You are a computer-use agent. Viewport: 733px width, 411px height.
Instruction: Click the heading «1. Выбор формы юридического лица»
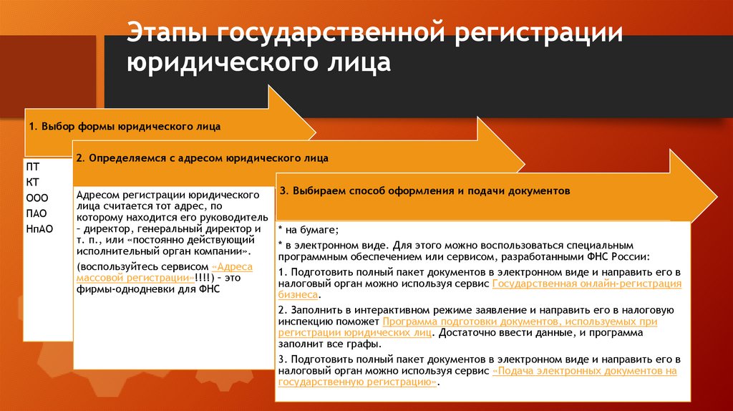pyautogui.click(x=125, y=126)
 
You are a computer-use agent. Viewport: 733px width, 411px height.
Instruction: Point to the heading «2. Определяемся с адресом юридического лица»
pyautogui.click(x=203, y=158)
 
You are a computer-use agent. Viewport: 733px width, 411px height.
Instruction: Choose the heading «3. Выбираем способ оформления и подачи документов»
pyautogui.click(x=424, y=191)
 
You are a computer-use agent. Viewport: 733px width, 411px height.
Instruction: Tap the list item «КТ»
pyautogui.click(x=33, y=182)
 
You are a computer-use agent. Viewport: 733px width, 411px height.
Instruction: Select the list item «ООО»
pyautogui.click(x=37, y=198)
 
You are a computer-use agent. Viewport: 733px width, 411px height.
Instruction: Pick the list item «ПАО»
pyautogui.click(x=37, y=213)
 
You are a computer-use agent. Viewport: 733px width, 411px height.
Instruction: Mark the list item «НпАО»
pyautogui.click(x=39, y=228)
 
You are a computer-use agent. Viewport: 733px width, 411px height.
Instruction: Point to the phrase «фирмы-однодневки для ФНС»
pyautogui.click(x=147, y=289)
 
